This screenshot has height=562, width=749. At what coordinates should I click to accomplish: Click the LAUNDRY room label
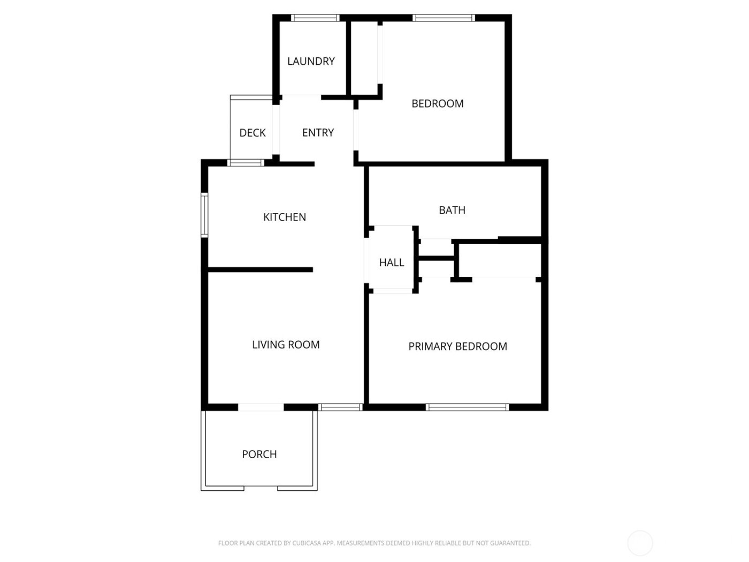click(x=311, y=62)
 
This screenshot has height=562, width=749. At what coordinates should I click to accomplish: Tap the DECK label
click(x=253, y=133)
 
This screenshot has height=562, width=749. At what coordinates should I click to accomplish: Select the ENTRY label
click(x=318, y=133)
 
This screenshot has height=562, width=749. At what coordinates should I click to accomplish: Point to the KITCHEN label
click(x=285, y=217)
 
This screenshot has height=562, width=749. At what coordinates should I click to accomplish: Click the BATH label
click(x=452, y=210)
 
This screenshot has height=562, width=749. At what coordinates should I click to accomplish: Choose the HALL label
click(x=392, y=263)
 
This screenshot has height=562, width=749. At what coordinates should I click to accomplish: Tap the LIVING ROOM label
click(x=286, y=345)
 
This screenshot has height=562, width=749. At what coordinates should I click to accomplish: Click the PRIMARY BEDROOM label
click(x=457, y=347)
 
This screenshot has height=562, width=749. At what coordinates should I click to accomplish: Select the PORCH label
click(x=259, y=454)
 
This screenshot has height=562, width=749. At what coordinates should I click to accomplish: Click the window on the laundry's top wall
click(x=315, y=18)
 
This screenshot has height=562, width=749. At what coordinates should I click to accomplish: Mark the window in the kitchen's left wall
click(x=204, y=215)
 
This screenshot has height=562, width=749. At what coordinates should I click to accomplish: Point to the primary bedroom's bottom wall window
click(x=467, y=407)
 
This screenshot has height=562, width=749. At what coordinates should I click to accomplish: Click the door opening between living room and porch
click(x=261, y=407)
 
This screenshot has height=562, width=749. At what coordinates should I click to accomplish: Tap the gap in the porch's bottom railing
click(x=261, y=488)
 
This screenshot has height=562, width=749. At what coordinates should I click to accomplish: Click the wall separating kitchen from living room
click(x=260, y=270)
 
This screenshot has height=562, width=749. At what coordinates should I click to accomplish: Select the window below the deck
click(x=246, y=163)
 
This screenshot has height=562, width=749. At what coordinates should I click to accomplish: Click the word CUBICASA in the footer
click(x=306, y=543)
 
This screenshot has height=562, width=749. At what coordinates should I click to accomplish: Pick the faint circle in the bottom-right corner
click(x=640, y=543)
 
